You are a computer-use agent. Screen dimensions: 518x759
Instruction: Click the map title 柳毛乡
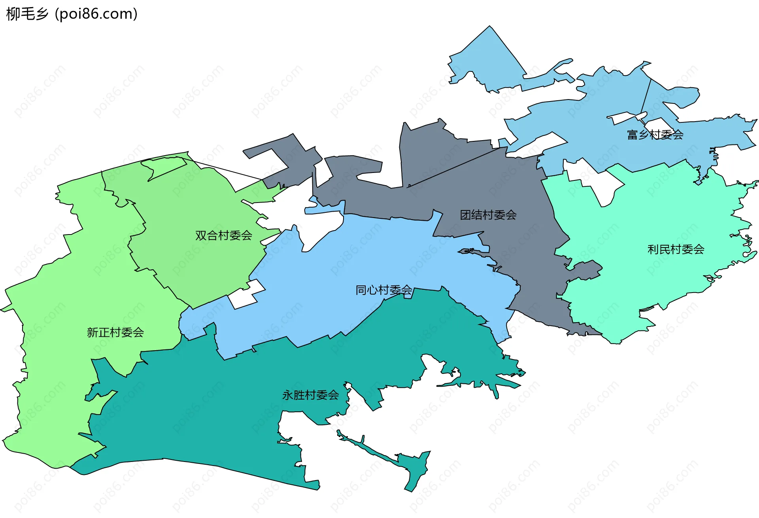click(27, 14)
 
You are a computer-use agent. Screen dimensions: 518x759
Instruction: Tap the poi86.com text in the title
click(96, 14)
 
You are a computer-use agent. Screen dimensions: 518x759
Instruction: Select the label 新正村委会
click(115, 332)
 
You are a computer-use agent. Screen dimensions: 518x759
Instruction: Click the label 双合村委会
click(223, 236)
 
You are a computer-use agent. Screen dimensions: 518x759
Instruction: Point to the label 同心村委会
click(383, 290)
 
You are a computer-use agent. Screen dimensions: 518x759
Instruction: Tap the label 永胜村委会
click(310, 395)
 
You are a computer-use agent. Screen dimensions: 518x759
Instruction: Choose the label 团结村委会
click(488, 215)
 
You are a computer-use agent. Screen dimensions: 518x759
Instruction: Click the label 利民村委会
click(676, 250)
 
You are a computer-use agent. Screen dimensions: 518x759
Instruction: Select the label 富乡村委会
click(655, 135)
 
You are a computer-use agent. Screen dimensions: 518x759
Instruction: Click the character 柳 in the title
click(13, 14)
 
